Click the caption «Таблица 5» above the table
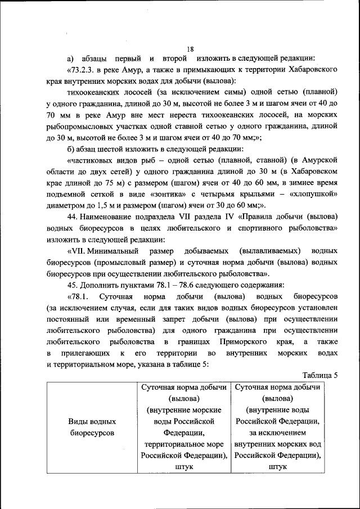coord(319,376)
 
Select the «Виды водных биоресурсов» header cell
coord(92,427)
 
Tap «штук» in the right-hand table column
coord(278,467)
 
